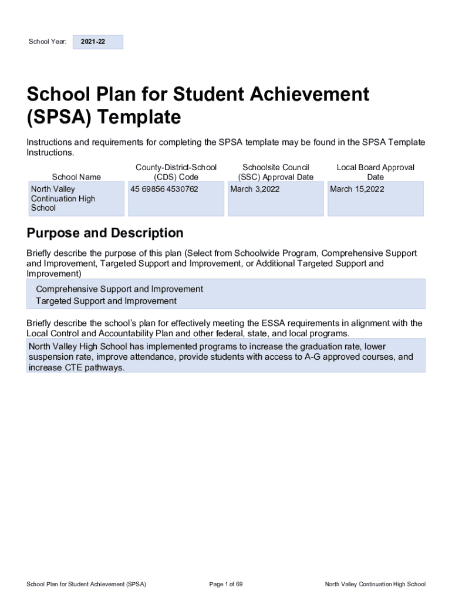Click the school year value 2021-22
coord(94,42)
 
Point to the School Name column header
coord(76,177)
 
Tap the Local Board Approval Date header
coord(375,172)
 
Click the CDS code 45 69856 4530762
coord(164,189)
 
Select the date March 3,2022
coord(255,189)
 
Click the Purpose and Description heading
coord(105,233)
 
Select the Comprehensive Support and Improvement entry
coord(119,289)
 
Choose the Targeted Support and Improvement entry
coord(106,301)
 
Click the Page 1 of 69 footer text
coord(226,584)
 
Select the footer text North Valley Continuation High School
coord(375,584)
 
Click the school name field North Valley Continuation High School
coord(63,198)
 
